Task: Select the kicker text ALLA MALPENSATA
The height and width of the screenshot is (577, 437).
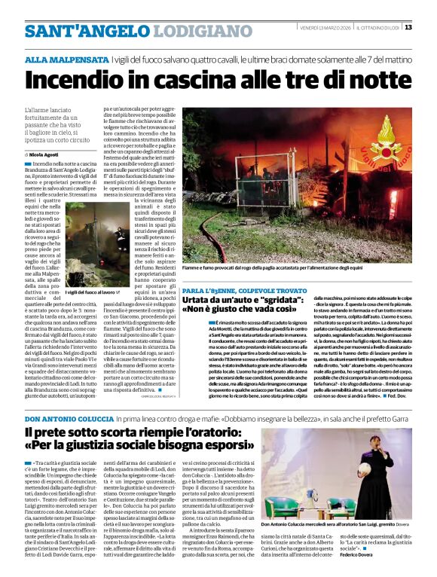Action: coord(66,59)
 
